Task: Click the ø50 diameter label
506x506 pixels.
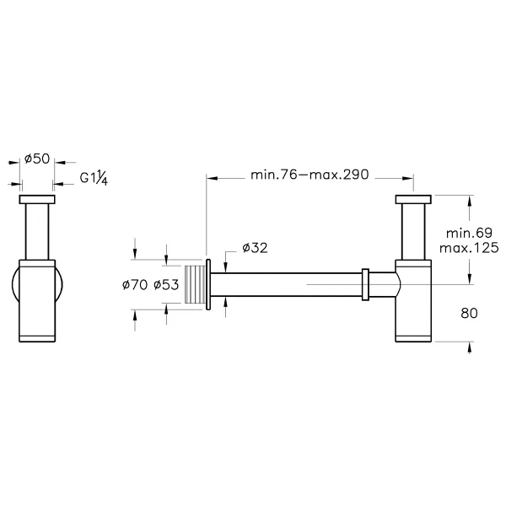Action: point(37,159)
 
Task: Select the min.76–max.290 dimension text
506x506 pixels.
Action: point(310,175)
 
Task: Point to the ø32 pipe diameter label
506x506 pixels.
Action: point(255,248)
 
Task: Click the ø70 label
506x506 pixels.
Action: point(135,285)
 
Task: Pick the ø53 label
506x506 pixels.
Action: point(166,285)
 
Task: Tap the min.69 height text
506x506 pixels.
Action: point(469,233)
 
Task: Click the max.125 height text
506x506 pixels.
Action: point(469,248)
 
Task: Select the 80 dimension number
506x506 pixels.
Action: point(469,313)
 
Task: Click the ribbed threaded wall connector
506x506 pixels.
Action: point(195,284)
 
